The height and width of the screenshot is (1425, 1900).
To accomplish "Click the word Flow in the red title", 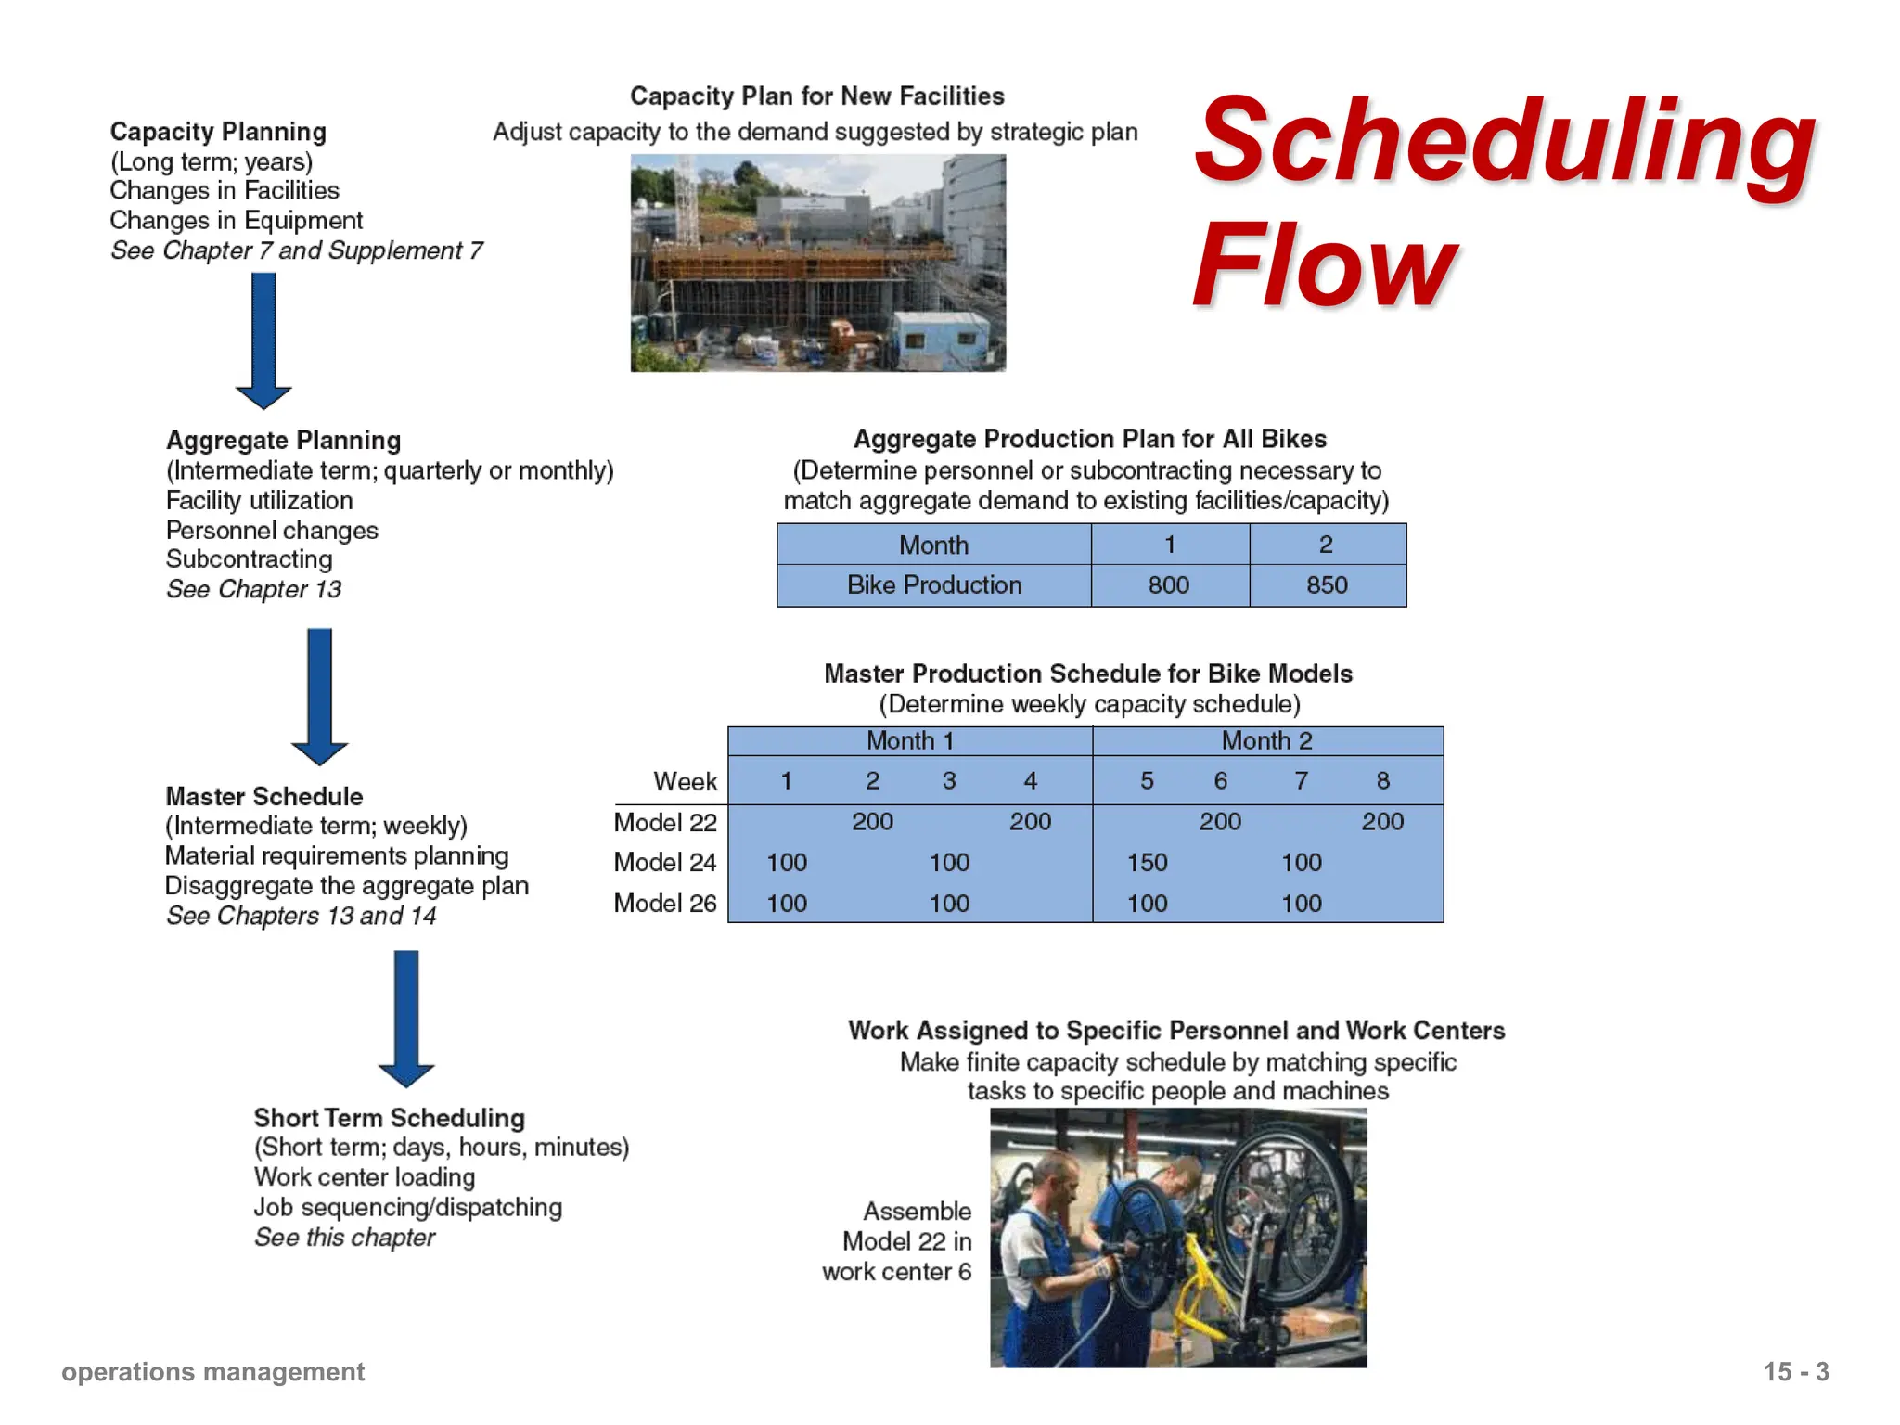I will click(x=1325, y=266).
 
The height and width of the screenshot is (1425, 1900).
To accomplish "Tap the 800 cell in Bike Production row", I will click(x=1169, y=585).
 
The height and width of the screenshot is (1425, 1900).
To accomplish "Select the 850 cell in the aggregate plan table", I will click(x=1327, y=585).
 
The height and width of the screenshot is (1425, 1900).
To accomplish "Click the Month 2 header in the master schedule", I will click(x=1266, y=741).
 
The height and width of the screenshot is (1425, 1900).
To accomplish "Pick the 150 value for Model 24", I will click(x=1147, y=863).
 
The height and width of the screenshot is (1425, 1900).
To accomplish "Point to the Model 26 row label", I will click(x=665, y=904).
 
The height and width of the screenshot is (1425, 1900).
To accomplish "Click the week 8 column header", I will click(x=1382, y=781).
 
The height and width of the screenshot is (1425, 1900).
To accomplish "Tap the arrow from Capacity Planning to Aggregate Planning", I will click(x=263, y=340).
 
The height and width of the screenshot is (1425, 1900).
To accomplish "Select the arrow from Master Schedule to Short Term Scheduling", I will click(x=406, y=1017).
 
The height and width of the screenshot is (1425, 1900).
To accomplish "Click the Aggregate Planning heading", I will click(x=283, y=441).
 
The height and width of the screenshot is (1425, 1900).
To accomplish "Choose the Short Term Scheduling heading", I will click(x=390, y=1118).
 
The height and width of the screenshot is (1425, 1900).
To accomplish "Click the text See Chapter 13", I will click(x=253, y=590).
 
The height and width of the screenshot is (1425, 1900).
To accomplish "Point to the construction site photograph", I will click(x=817, y=263).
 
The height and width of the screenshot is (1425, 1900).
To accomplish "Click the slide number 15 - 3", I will click(x=1795, y=1372).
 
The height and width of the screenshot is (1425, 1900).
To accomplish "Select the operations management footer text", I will click(x=212, y=1372).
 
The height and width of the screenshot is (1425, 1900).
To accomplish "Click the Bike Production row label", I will click(x=933, y=585).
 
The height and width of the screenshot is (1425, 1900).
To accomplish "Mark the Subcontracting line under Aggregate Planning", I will click(x=249, y=559).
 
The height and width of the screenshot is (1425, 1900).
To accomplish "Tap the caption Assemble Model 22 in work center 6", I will click(x=897, y=1241).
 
